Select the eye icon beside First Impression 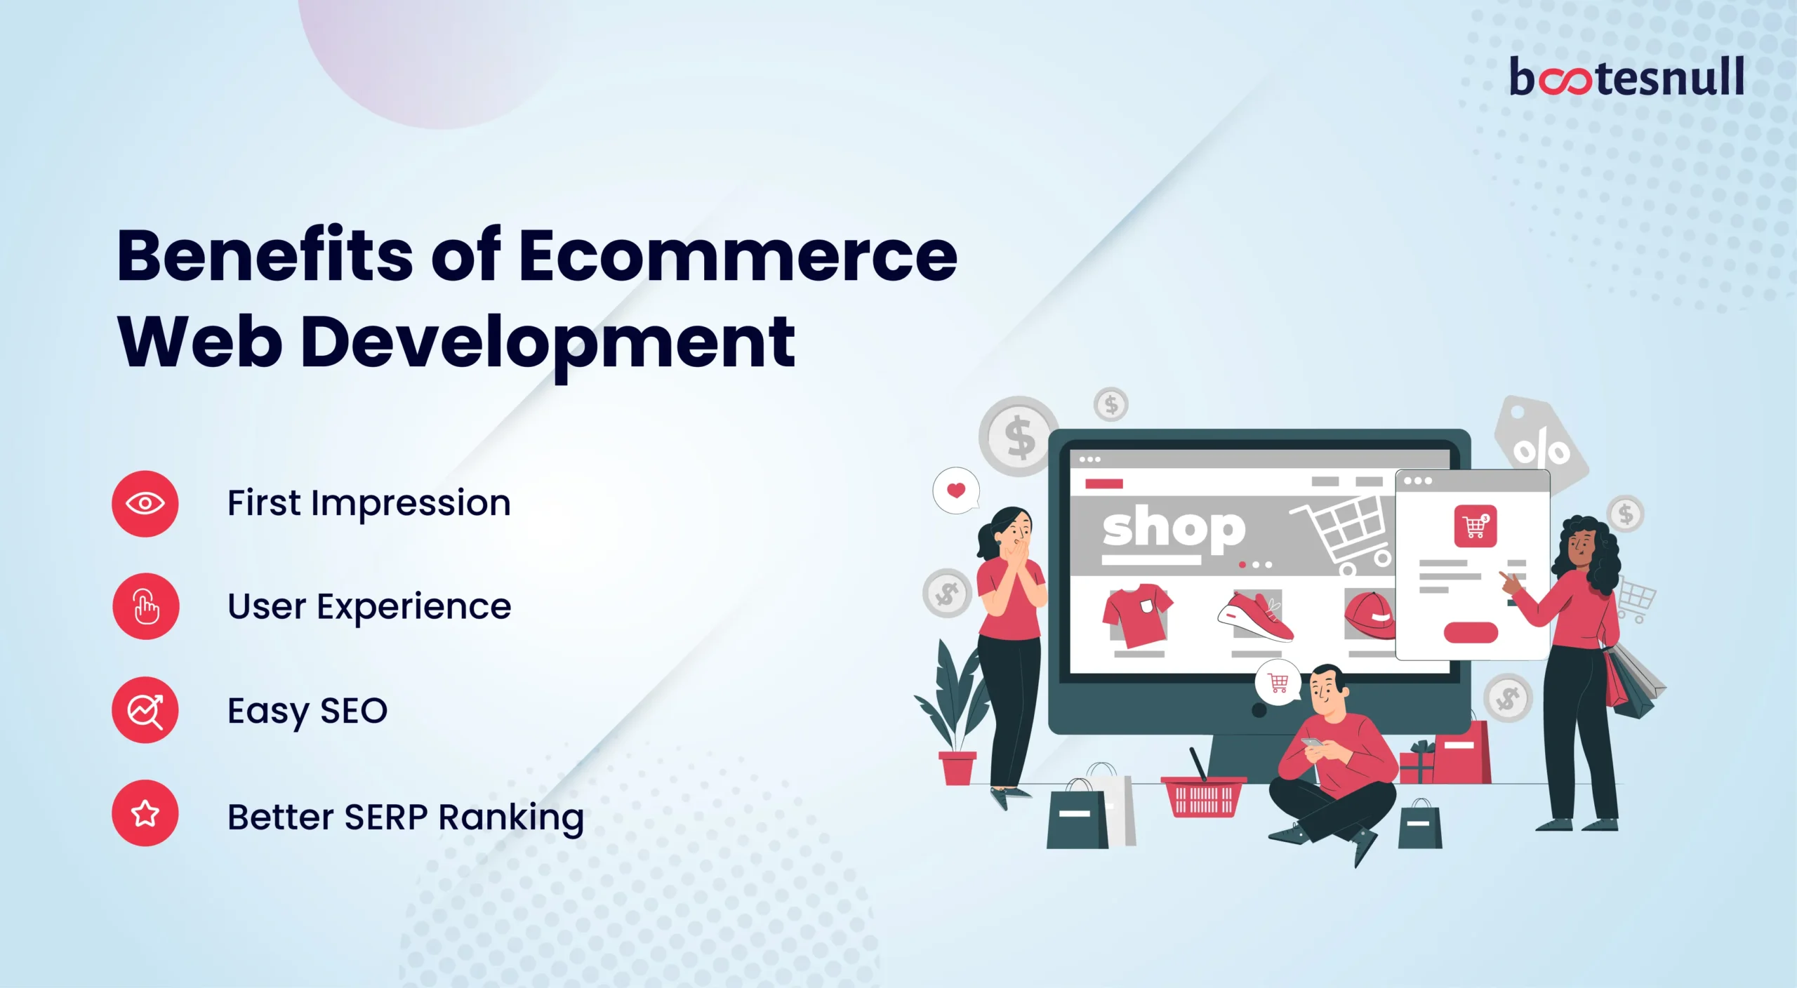tap(145, 504)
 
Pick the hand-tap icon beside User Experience tap(145, 606)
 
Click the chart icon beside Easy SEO tap(145, 710)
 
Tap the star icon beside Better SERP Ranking tap(145, 813)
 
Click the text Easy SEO tap(307, 711)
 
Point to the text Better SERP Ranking tap(405, 817)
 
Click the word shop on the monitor tap(1174, 528)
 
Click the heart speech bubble tap(956, 490)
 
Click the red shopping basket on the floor tap(1203, 796)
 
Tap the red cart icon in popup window tap(1475, 526)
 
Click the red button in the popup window tap(1471, 632)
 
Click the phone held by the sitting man tap(1311, 743)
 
